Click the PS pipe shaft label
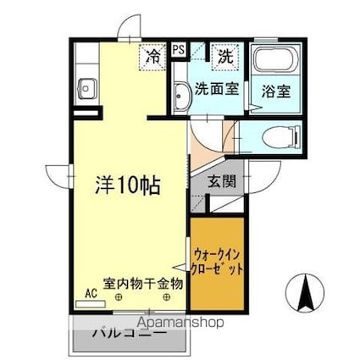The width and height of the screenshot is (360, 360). [x=179, y=50]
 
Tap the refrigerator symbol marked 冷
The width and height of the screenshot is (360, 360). [x=152, y=57]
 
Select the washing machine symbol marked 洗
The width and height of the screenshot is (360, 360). [x=226, y=57]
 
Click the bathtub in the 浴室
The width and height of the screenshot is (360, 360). [x=276, y=58]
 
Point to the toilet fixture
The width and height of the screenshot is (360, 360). [x=280, y=137]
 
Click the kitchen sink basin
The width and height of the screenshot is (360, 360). [x=87, y=88]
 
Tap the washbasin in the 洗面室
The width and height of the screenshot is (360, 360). [x=182, y=96]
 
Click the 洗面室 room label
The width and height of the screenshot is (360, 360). [x=217, y=89]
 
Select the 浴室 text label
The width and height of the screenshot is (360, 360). [x=276, y=91]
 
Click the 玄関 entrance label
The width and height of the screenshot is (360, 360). [x=222, y=181]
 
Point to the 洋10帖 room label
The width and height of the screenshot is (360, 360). [x=128, y=186]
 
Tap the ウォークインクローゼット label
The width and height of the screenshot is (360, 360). [x=217, y=263]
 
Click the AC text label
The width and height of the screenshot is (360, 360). [x=91, y=294]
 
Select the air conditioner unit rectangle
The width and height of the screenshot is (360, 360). [x=91, y=304]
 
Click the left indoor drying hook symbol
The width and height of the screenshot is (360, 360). [x=119, y=297]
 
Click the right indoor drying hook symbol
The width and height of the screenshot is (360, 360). [x=167, y=297]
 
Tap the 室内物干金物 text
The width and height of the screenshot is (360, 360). [x=143, y=284]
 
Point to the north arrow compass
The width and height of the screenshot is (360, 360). [x=305, y=293]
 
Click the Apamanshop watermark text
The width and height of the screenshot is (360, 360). [x=181, y=323]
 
